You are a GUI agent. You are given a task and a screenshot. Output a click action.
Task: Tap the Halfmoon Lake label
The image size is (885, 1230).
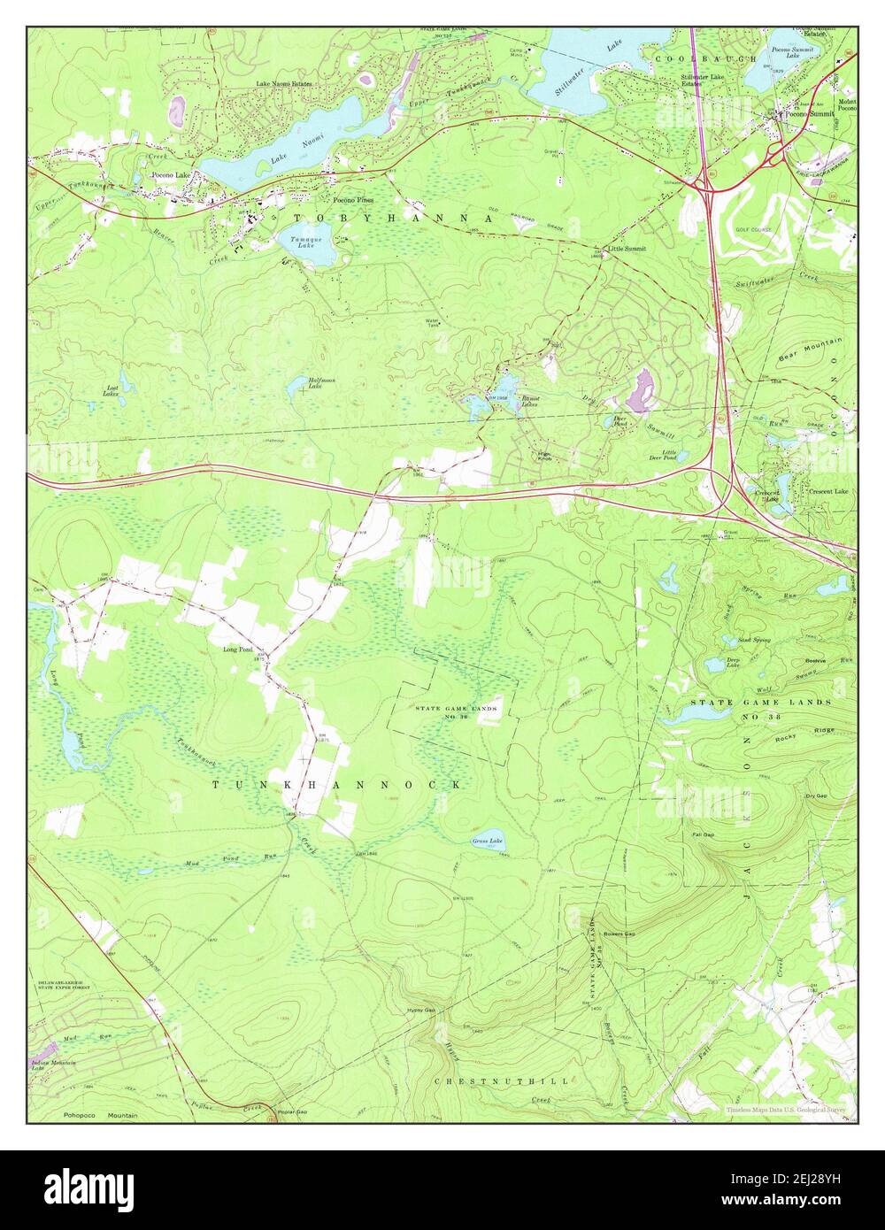321,382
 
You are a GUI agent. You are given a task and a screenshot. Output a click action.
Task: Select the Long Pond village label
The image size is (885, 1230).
238,650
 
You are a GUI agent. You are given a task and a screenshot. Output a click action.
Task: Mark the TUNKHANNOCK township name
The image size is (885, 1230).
336,785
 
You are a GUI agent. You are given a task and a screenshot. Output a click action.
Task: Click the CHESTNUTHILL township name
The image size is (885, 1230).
501,1080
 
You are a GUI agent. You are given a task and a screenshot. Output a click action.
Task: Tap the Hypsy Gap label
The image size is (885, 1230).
421,1011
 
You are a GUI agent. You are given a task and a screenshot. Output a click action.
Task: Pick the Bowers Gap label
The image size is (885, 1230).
619,934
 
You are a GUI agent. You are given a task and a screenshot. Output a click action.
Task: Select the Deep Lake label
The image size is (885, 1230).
734,663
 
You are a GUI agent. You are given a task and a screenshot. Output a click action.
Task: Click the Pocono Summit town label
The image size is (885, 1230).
810,114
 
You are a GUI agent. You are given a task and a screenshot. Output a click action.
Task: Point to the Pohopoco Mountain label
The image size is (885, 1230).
99,1115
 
